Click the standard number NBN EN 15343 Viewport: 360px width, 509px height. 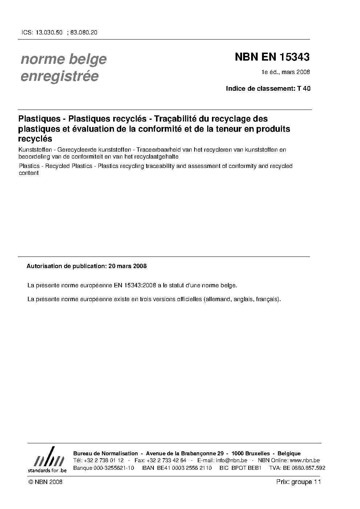[x=272, y=57]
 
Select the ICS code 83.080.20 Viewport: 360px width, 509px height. [x=84, y=32]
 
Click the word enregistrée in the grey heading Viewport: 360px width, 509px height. [x=60, y=76]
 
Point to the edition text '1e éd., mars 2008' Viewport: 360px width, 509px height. [x=286, y=72]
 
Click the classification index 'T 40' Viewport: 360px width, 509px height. [x=304, y=88]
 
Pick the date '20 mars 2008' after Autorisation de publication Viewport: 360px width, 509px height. [x=127, y=266]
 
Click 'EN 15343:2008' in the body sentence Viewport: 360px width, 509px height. [x=135, y=285]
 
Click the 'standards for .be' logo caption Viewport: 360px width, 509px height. [x=47, y=471]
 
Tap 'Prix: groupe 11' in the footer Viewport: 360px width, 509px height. [x=298, y=482]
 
